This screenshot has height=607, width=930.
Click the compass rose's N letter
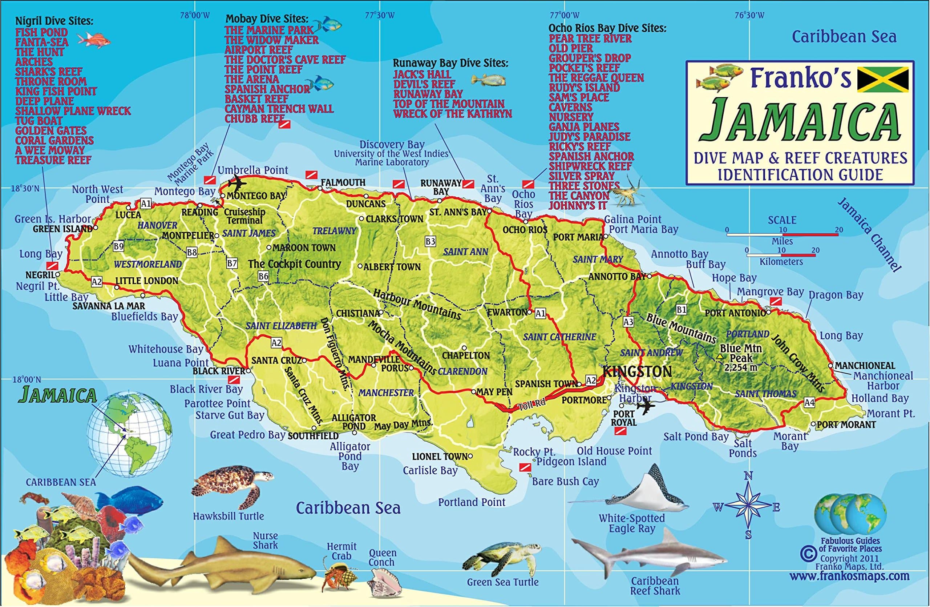[748, 476]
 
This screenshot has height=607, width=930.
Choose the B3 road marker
[430, 242]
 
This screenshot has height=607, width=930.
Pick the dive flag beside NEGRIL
[52, 265]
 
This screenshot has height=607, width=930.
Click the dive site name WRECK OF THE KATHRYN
[452, 114]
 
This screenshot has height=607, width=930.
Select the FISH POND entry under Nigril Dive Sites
[41, 32]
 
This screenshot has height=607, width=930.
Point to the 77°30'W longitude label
[380, 16]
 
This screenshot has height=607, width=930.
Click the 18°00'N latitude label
[26, 379]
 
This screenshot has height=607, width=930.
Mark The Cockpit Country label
[294, 264]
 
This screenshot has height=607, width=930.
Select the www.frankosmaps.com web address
[849, 576]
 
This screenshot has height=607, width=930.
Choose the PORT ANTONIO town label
[735, 313]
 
